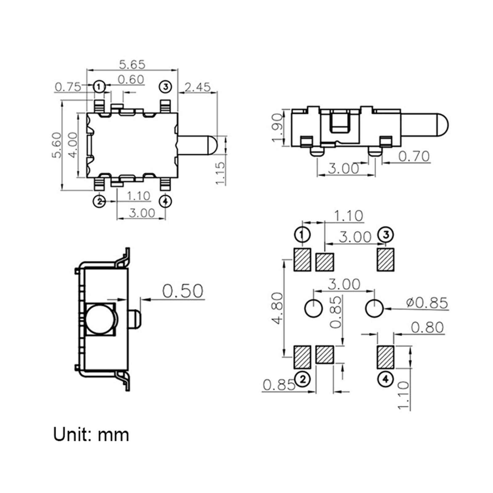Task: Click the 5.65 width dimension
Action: [x=132, y=65]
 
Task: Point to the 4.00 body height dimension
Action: [x=73, y=145]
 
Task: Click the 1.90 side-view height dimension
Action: [x=277, y=128]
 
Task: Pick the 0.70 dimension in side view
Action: [x=414, y=156]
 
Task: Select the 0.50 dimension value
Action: [x=183, y=291]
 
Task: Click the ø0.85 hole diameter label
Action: [x=427, y=303]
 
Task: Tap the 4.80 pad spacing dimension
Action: [x=277, y=308]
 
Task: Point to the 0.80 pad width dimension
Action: [x=427, y=328]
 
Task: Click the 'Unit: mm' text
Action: [x=91, y=434]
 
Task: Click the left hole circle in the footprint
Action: [x=313, y=308]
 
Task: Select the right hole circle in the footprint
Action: [x=374, y=308]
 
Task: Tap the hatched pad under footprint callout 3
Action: [x=385, y=259]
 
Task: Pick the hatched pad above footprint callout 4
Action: [x=385, y=357]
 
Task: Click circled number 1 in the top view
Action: [x=99, y=87]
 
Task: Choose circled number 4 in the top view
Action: [x=165, y=202]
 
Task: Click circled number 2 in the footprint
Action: [x=302, y=379]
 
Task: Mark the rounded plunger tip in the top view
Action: [x=213, y=145]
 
